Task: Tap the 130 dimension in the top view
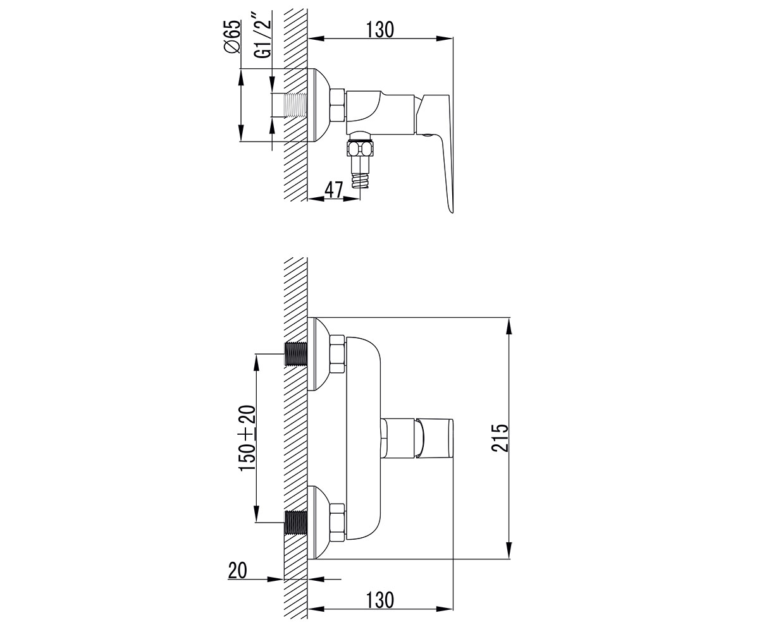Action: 379,30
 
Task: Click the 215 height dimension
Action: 500,438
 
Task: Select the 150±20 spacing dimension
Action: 247,438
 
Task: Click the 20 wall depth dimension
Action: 237,571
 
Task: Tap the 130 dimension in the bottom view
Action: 379,600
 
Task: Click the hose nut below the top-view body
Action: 360,149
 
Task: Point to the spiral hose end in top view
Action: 360,179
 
